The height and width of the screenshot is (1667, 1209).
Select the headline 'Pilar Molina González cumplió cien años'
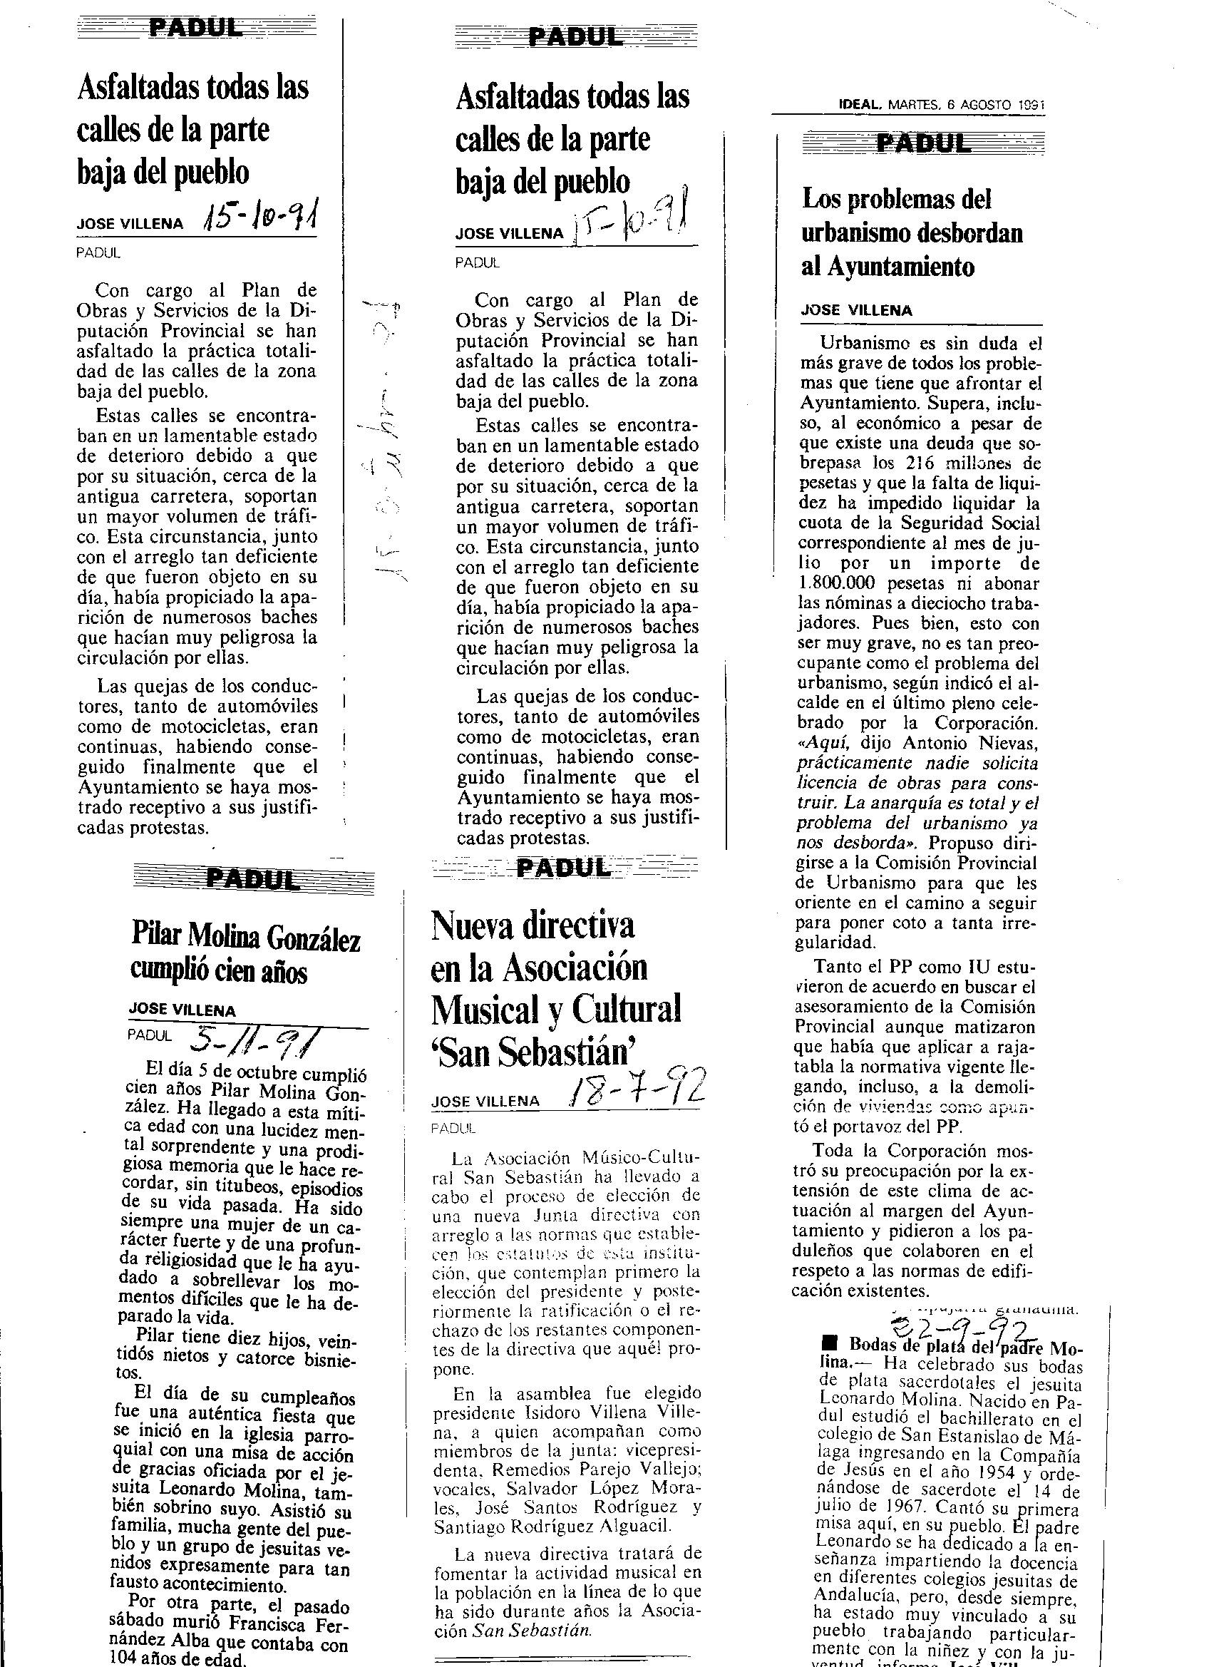[245, 954]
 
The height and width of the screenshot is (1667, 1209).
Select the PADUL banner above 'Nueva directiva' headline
[564, 868]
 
